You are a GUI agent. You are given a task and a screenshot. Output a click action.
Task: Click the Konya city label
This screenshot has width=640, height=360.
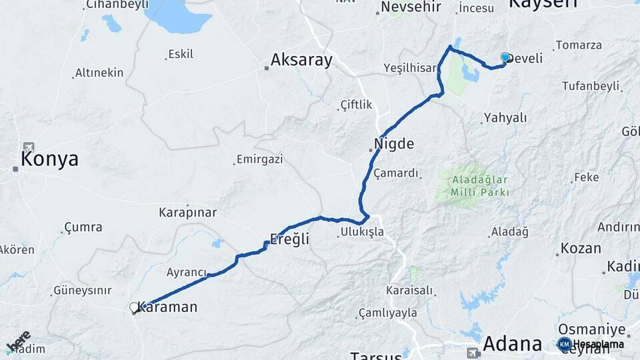click(x=49, y=159)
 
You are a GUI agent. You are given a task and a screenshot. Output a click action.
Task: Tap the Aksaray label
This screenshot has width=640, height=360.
click(x=301, y=61)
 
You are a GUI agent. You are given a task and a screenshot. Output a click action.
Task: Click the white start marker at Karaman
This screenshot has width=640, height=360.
click(x=135, y=308)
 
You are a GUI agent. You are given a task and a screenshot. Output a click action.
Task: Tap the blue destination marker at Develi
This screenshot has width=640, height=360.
click(x=505, y=58)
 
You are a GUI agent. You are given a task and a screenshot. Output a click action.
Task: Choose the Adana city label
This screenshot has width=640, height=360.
click(x=512, y=344)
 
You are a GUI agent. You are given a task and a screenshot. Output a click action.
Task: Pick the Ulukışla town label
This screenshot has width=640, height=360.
click(x=362, y=232)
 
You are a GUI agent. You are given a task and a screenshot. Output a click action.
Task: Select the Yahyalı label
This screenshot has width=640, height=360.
click(x=505, y=118)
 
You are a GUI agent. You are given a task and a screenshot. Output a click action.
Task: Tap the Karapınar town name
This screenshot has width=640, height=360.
click(x=187, y=213)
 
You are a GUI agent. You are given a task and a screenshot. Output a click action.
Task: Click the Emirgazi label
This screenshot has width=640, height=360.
click(x=259, y=160)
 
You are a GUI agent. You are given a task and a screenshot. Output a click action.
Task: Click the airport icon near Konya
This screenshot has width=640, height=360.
click(x=28, y=147)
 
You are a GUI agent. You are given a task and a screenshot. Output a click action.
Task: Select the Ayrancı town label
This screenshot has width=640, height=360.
click(x=186, y=272)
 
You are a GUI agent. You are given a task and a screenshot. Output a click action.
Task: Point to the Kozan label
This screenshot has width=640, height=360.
click(x=580, y=248)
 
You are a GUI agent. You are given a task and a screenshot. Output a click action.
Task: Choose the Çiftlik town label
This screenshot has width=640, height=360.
click(x=356, y=105)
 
